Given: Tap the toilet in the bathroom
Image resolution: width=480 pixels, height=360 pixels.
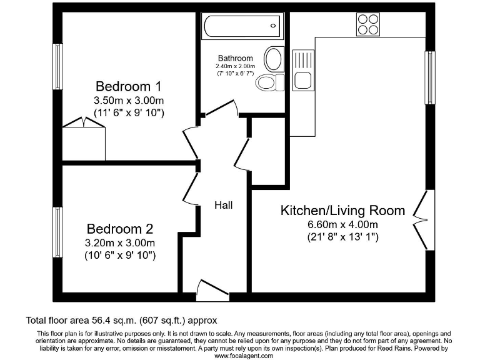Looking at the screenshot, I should (270, 82).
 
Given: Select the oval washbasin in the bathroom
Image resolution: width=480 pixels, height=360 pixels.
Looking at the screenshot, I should (273, 59).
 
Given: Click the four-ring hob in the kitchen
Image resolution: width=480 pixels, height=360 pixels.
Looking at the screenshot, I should (368, 24).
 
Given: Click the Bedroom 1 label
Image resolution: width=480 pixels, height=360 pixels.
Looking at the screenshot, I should (123, 86).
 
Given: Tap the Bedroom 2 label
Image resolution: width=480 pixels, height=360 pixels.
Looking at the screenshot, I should (119, 229).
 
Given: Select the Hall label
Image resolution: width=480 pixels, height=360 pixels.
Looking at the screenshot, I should (223, 205).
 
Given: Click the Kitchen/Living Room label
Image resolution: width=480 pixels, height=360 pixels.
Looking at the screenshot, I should (342, 210).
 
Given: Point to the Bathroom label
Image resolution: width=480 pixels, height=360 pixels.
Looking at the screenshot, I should (235, 58).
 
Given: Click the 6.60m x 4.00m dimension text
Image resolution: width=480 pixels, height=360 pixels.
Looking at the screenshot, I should (342, 224).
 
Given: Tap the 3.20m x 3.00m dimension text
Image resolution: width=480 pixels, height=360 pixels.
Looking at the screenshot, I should (120, 242).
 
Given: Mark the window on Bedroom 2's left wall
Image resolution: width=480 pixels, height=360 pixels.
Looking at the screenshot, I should (57, 232).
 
